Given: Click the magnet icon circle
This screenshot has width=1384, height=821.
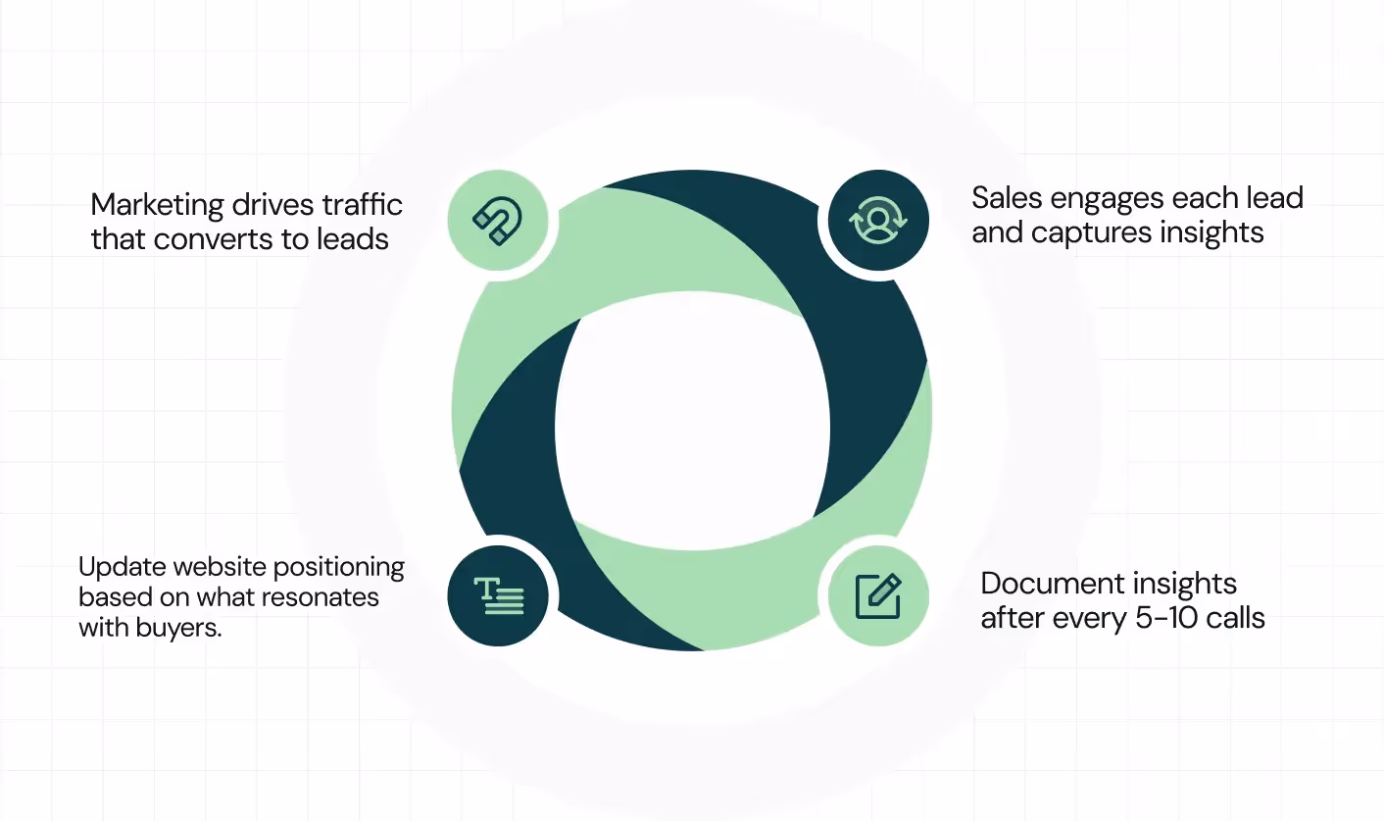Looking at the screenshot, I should click(497, 221).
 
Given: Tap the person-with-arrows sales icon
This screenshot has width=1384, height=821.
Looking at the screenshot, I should click(878, 221).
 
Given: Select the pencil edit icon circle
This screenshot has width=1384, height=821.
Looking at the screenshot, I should click(878, 595).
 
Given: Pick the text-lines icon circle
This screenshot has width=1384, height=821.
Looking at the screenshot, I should click(498, 595).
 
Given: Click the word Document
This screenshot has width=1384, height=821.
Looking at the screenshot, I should click(1049, 584).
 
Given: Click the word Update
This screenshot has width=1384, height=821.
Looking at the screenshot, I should click(117, 568).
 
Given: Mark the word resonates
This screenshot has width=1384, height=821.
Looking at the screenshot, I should click(326, 597).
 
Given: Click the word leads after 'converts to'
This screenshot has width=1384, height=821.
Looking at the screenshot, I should click(357, 239).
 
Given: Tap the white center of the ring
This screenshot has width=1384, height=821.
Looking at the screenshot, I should click(692, 422).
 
